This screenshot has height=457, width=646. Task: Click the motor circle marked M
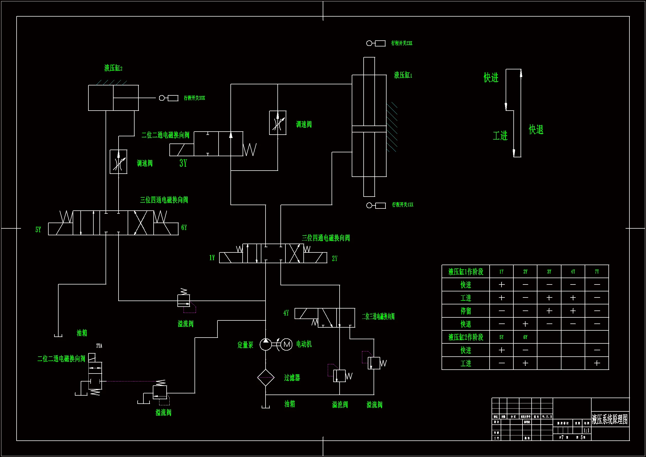[x=287, y=344]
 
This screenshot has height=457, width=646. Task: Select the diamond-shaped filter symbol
[x=266, y=378]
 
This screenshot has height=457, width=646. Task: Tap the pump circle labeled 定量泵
[x=265, y=344]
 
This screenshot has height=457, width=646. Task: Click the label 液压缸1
[x=403, y=75]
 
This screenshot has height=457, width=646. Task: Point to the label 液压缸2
[x=113, y=68]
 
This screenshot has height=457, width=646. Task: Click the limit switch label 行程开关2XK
[x=401, y=43]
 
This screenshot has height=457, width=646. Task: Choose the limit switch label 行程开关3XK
[x=195, y=98]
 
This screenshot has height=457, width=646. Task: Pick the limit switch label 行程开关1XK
[x=403, y=205]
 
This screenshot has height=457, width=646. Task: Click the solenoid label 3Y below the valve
[x=183, y=163]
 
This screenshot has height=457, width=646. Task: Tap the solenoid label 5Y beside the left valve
[x=38, y=230]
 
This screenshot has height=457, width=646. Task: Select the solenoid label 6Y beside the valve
[x=184, y=228]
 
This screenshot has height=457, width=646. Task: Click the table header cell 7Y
[x=597, y=272]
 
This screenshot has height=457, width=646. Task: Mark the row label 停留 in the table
[x=466, y=311]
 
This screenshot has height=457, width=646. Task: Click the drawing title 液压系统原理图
[x=610, y=419]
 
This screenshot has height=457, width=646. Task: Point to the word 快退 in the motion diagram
[x=536, y=130]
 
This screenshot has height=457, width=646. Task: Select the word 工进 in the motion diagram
[x=500, y=136]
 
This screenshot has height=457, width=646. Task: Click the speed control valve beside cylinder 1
[x=278, y=123]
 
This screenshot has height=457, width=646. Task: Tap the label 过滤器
[x=292, y=378]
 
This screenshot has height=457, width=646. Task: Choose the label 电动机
[x=304, y=344]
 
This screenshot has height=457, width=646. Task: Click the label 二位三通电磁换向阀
[x=378, y=317]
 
